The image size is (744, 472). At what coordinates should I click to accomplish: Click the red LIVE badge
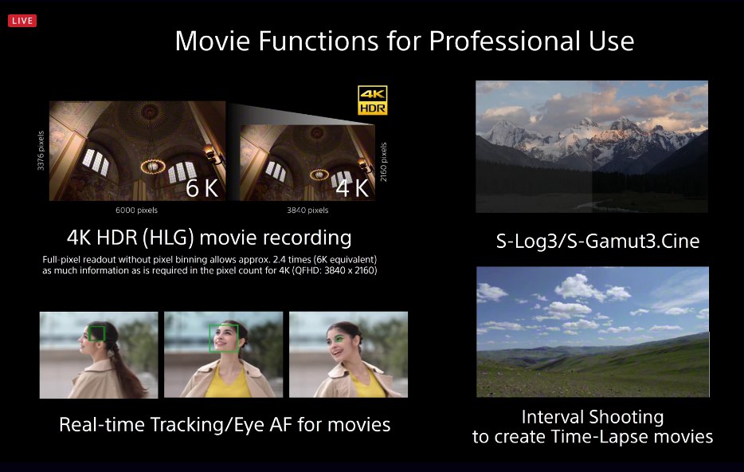[x=22, y=21]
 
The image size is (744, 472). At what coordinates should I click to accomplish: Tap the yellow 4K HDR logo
[x=373, y=100]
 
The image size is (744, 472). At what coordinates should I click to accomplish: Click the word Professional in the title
[x=505, y=41]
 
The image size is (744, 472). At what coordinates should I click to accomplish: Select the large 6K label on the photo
[x=202, y=188]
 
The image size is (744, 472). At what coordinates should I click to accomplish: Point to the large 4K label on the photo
[x=352, y=188]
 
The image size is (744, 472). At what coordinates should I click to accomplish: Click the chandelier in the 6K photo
[x=153, y=166]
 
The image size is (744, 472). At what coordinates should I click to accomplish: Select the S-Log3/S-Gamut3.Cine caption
[x=597, y=242]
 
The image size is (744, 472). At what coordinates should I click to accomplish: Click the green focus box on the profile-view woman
[x=97, y=333]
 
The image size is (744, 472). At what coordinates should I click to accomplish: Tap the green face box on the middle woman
[x=224, y=338]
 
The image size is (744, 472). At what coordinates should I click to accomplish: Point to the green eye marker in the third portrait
[x=339, y=339]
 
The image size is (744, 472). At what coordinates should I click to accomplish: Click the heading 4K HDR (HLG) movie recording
[x=209, y=238]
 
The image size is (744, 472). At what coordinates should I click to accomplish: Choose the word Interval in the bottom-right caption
[x=551, y=417]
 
